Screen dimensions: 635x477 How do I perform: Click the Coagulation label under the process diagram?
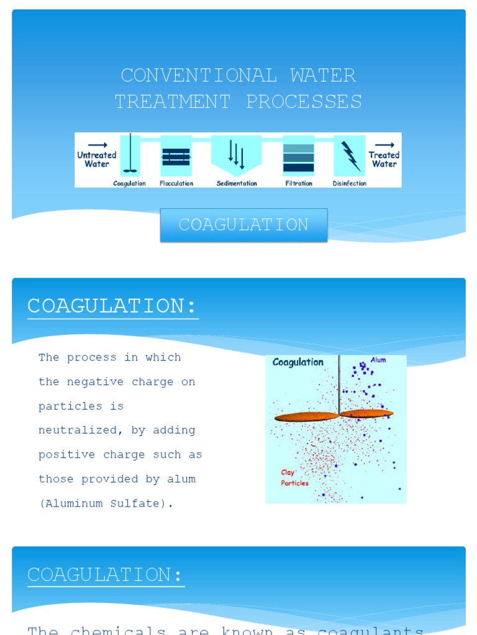click(x=129, y=184)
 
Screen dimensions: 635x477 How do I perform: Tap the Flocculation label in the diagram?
click(x=176, y=184)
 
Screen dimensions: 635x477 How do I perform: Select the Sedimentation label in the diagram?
click(x=237, y=184)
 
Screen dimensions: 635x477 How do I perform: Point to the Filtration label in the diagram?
click(x=299, y=184)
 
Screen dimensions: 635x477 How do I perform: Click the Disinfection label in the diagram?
click(x=350, y=184)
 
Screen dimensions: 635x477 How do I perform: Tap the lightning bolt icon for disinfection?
click(x=350, y=156)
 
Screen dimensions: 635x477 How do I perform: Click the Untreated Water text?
click(x=97, y=159)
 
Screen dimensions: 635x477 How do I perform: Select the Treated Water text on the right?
click(x=384, y=159)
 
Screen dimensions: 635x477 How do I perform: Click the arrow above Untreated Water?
click(x=98, y=145)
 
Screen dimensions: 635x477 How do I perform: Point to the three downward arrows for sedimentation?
click(x=236, y=154)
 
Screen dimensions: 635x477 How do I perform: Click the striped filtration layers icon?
click(x=299, y=158)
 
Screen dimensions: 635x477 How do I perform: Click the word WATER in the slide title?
click(x=322, y=76)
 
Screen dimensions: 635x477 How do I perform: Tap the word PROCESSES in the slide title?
click(x=304, y=102)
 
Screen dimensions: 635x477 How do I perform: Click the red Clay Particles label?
click(x=294, y=477)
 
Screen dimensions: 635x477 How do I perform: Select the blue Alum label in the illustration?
click(x=378, y=360)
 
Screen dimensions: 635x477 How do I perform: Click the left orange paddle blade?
click(x=306, y=417)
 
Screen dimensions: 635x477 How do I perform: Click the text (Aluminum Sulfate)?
click(x=106, y=504)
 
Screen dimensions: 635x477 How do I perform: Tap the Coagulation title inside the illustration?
click(x=298, y=362)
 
